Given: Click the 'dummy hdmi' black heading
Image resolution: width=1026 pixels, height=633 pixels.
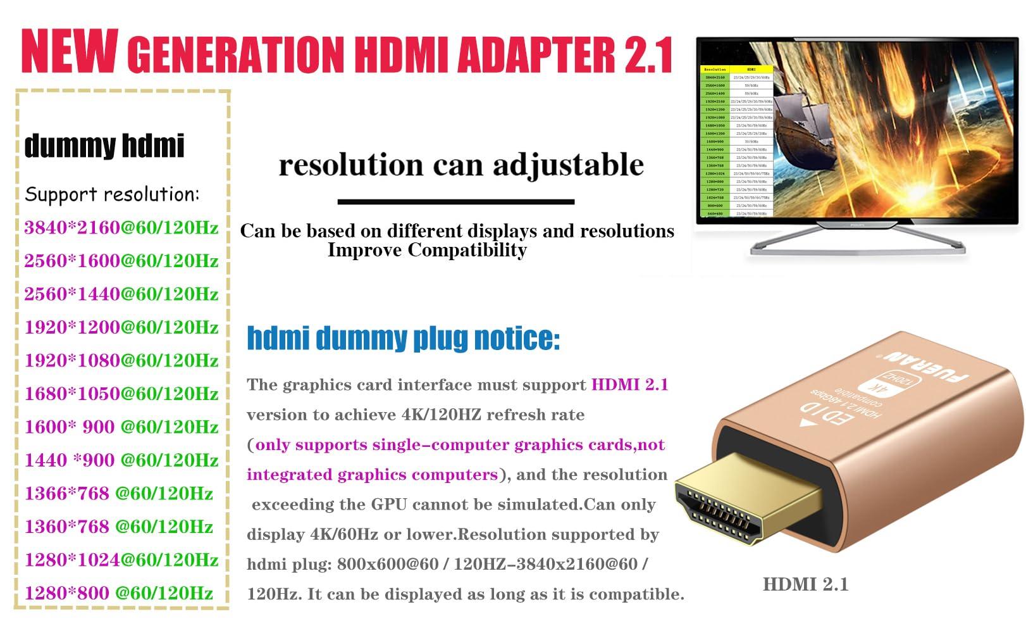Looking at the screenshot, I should (104, 146).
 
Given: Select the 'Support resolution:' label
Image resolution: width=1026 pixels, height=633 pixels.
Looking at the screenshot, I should (112, 194).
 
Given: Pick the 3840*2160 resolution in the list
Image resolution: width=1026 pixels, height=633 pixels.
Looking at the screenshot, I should (72, 228).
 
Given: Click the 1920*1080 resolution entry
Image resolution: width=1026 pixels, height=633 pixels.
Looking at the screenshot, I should (72, 361).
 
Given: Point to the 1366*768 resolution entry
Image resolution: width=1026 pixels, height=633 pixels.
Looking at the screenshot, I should (67, 494).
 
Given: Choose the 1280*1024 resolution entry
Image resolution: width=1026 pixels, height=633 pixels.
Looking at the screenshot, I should (72, 560).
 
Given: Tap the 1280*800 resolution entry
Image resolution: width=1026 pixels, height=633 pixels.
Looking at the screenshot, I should (67, 593).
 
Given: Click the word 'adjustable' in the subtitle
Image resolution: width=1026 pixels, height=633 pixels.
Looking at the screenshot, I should (568, 166).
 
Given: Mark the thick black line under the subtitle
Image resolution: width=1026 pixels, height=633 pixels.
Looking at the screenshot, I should (455, 202).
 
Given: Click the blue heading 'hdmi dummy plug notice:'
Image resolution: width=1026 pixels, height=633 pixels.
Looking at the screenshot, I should (403, 338).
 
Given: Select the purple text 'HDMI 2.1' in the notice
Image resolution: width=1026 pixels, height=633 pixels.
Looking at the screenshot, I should (629, 385).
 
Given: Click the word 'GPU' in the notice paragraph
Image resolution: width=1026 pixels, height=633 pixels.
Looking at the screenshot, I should (384, 505).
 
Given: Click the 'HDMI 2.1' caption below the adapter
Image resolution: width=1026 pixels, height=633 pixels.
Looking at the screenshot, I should (805, 584).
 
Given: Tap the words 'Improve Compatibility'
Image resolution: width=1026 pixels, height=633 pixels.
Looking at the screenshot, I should (427, 250).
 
